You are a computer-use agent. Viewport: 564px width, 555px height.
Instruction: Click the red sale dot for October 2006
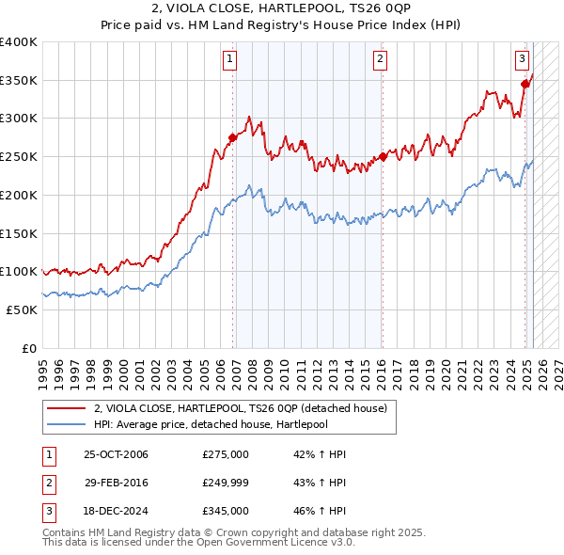point(232,137)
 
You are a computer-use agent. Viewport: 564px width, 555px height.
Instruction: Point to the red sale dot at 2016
point(383,157)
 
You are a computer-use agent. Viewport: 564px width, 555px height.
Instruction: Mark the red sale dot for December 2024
point(525,84)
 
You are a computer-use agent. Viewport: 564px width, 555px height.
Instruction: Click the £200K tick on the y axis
point(19,195)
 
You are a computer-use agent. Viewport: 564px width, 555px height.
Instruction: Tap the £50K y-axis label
point(23,309)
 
